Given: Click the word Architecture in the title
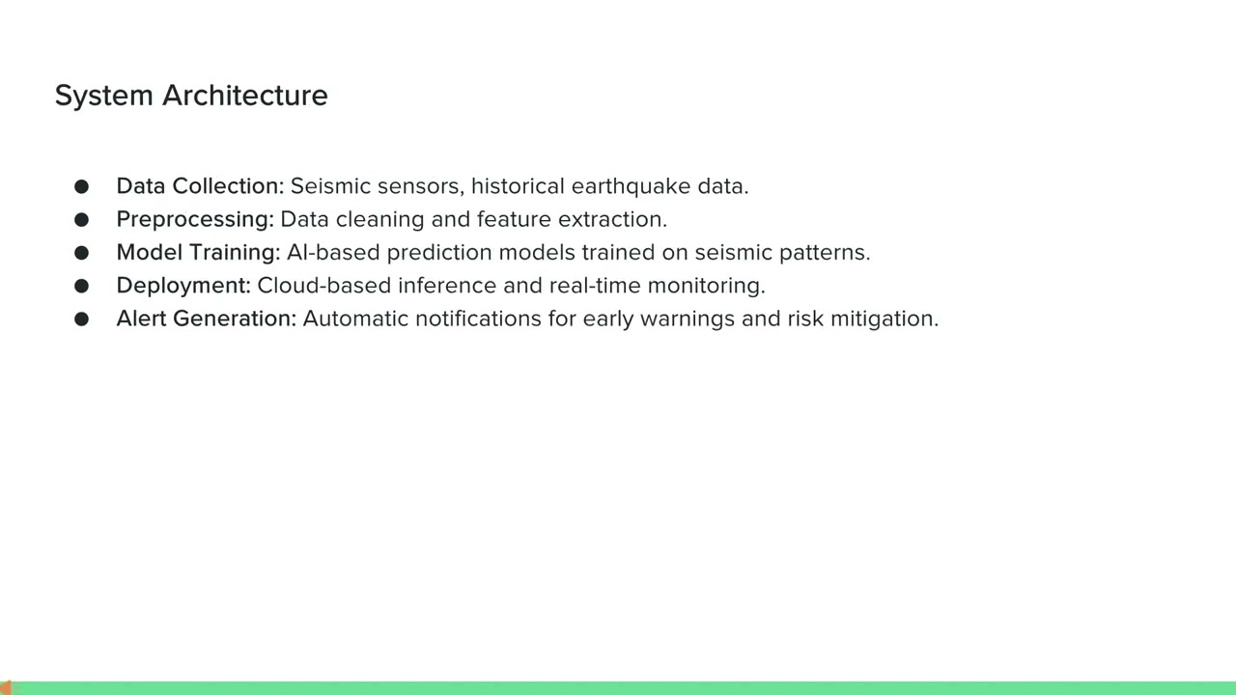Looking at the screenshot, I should click(245, 96).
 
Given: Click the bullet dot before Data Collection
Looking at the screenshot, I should click(81, 186).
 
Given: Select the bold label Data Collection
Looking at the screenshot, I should click(200, 186).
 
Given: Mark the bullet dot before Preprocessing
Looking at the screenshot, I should click(81, 220).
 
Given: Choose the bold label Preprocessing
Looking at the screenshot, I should click(195, 220).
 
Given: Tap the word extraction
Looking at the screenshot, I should click(612, 219).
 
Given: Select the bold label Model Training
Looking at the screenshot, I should click(198, 253).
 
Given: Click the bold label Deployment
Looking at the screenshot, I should click(183, 286).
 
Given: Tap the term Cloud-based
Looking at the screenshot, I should click(324, 286).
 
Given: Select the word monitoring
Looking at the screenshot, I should click(706, 286).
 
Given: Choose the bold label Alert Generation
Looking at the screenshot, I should click(206, 319).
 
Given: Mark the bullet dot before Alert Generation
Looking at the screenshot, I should click(81, 319).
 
